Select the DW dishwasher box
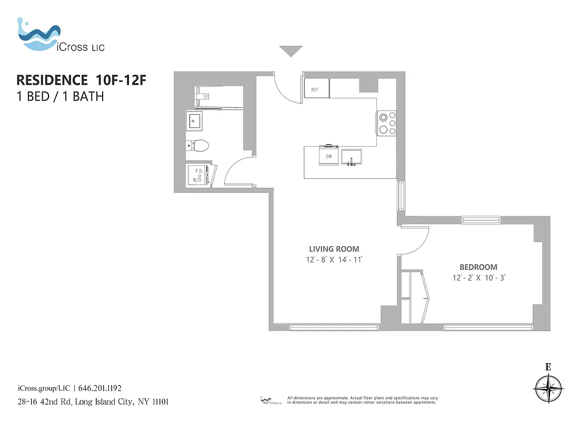(x=329, y=156)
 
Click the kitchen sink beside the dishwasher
(x=352, y=157)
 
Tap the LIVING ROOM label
(x=334, y=249)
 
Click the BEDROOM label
(x=478, y=267)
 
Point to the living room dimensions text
(x=334, y=260)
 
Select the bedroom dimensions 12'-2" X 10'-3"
(x=478, y=278)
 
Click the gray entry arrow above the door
(x=291, y=51)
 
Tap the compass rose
(x=548, y=389)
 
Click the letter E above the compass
(x=548, y=367)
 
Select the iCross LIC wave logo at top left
(x=38, y=36)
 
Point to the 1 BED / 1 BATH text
(x=61, y=96)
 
